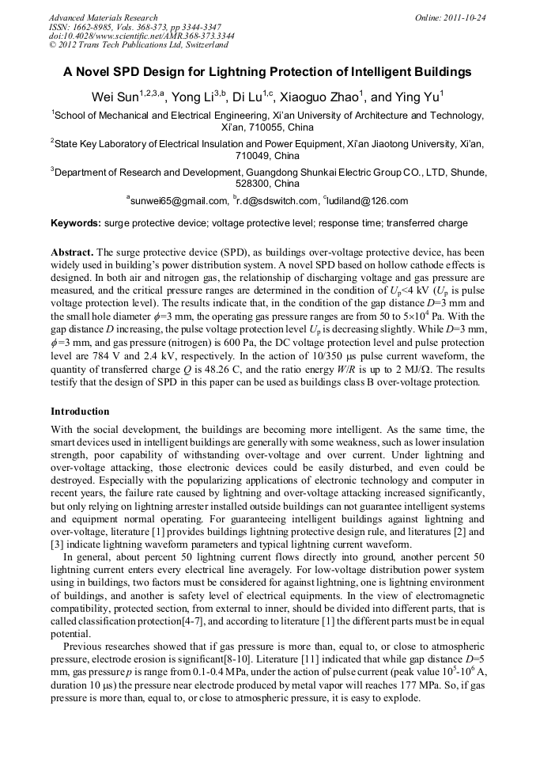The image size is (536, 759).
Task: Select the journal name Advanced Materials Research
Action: (103, 17)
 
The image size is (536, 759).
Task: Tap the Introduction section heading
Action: (80, 412)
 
